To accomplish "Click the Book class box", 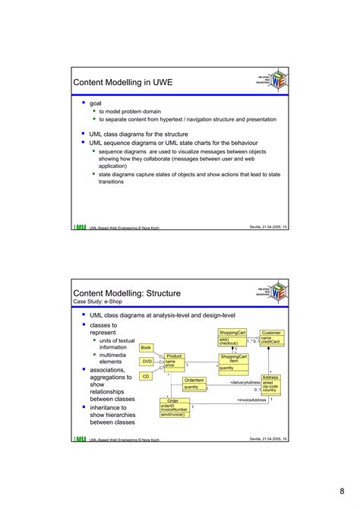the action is point(147,348).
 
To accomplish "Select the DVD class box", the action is point(147,362).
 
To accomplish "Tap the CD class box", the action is point(146,376).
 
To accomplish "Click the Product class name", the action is point(174,356).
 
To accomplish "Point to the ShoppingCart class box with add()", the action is point(232,337).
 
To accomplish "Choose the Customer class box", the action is point(271,337).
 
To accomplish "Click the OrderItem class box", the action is point(194,384).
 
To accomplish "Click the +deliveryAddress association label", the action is point(245,382).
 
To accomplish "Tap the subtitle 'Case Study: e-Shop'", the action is point(101,302).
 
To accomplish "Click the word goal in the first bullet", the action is point(96,103).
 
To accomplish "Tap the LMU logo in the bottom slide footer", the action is point(80,438).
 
